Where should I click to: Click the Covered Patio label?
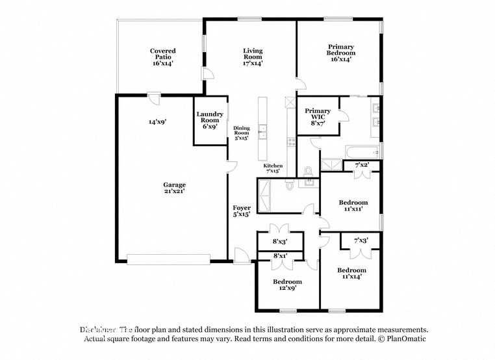(x=162, y=57)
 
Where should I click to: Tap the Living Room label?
(x=253, y=57)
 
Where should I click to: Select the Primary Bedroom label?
(x=340, y=53)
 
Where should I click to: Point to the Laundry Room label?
(x=210, y=120)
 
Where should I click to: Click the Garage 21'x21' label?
(x=174, y=188)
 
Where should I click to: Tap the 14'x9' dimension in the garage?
(x=157, y=122)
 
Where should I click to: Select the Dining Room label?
(x=242, y=133)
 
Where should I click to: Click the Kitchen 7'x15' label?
(x=273, y=169)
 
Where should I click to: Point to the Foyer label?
(x=242, y=211)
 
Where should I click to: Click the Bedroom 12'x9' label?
(x=286, y=285)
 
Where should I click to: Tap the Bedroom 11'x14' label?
(x=351, y=273)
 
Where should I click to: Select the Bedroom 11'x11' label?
(x=353, y=205)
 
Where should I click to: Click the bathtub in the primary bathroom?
(x=362, y=152)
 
